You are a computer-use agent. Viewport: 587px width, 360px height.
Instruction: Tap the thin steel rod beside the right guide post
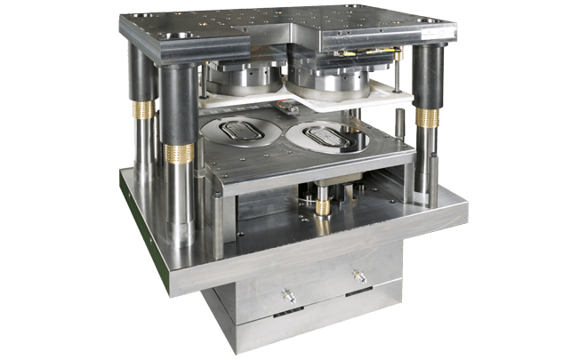tap(407, 133)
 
